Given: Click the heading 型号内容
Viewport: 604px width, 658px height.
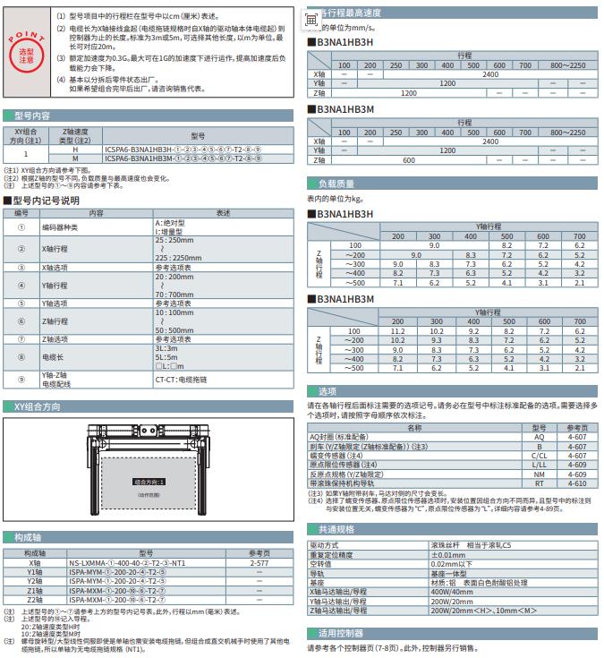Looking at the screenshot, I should (x=33, y=115).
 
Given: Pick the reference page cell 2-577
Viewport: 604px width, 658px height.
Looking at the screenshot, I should (x=259, y=562).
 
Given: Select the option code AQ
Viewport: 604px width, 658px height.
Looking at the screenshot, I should (x=539, y=435).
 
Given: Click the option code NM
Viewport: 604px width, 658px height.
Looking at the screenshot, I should (x=539, y=474).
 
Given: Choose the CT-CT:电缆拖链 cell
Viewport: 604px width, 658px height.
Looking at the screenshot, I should (x=185, y=380).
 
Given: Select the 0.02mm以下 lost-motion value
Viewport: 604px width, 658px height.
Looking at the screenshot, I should (x=451, y=564).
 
